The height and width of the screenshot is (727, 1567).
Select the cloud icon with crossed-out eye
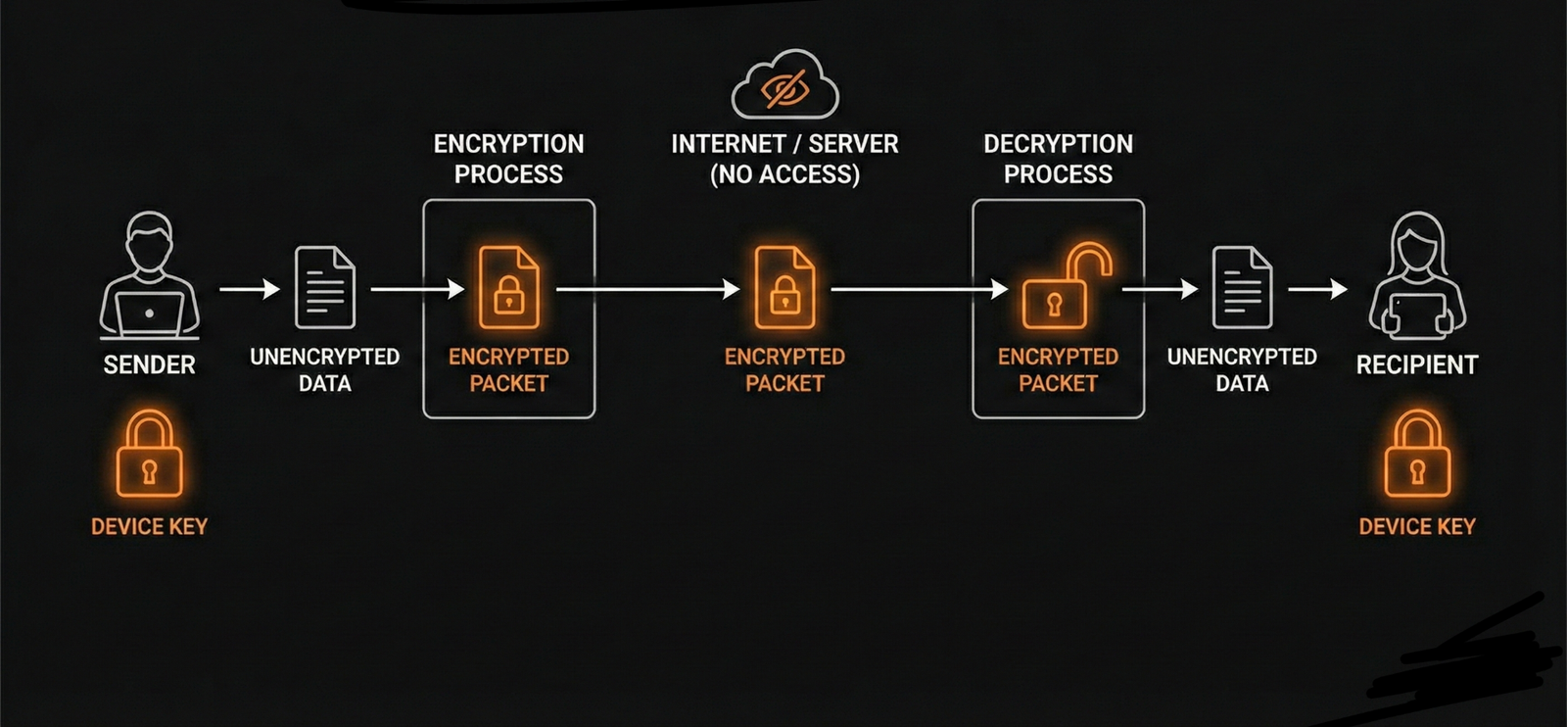click(x=784, y=86)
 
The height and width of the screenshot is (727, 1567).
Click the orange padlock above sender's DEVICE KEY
click(x=149, y=456)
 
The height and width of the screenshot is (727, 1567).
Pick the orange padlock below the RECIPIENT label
click(x=1416, y=456)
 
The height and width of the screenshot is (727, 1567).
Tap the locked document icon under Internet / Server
click(x=784, y=288)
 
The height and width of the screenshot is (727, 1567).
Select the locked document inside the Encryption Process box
click(x=508, y=288)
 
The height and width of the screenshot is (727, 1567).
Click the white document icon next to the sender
click(x=325, y=288)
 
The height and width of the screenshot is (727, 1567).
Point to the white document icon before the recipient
click(x=1242, y=288)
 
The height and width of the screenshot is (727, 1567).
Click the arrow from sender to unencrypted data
click(x=250, y=289)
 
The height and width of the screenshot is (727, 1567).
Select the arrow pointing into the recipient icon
click(x=1317, y=289)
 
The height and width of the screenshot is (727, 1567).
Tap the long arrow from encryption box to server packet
click(x=647, y=289)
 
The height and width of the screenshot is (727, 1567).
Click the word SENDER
click(x=149, y=364)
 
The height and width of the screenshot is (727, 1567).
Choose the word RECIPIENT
click(x=1416, y=364)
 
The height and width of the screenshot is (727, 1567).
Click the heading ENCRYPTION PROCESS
click(x=508, y=159)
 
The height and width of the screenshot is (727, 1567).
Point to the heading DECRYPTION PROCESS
click(x=1058, y=159)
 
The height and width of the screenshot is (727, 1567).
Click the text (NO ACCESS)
click(x=784, y=174)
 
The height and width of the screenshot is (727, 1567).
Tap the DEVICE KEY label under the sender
click(x=149, y=526)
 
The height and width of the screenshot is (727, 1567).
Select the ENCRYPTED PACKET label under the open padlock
click(x=1058, y=369)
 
